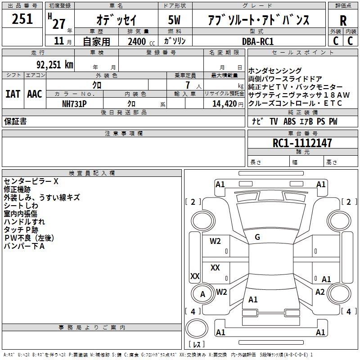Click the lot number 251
point(22,19)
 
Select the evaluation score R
point(343,20)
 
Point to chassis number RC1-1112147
point(302,143)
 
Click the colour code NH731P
point(74,103)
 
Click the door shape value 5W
point(175,20)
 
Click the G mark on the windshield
point(257,237)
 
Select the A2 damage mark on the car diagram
point(320,292)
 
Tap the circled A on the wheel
point(203,294)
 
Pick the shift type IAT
point(13,94)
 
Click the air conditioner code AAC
point(35,94)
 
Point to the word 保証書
point(15,121)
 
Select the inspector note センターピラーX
point(31,181)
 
